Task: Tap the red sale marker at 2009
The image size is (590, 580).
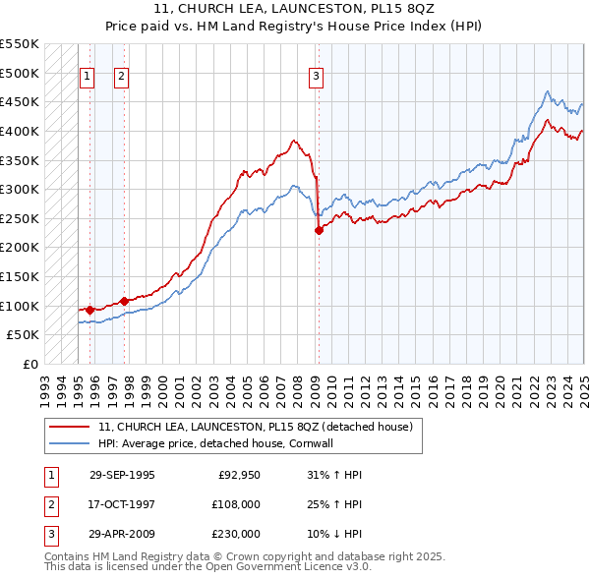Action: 319,231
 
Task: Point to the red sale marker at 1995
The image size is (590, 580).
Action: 90,310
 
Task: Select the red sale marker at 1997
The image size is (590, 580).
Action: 125,301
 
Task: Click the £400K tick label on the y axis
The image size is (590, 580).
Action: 21,131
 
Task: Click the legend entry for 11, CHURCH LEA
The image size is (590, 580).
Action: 261,426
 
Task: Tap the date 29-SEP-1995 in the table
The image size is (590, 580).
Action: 122,475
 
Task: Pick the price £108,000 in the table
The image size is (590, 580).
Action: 236,504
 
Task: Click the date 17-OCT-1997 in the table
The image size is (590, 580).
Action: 122,504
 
